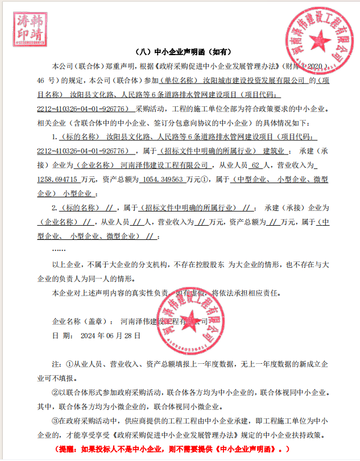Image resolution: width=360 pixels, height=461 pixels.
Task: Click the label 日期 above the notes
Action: click(x=60, y=336)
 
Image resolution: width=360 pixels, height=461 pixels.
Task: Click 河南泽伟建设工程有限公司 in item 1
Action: click(x=165, y=165)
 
